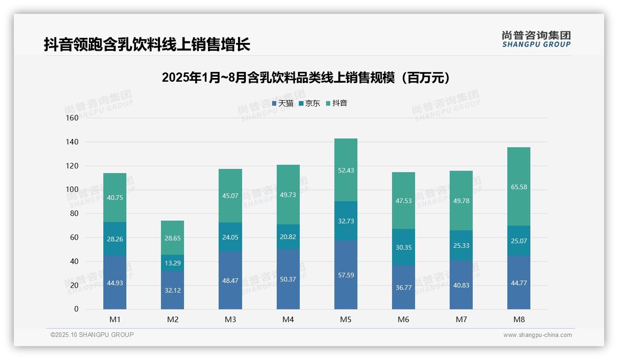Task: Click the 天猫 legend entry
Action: pos(283,103)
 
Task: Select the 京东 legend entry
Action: pos(309,103)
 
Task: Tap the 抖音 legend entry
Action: pos(337,103)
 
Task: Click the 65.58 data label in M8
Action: pos(519,187)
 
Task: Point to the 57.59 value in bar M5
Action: pos(346,275)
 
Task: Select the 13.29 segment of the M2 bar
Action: pos(172,263)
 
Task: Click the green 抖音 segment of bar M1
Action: pos(115,198)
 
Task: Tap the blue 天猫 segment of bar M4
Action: pos(288,279)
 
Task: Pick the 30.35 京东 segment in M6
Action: pos(404,247)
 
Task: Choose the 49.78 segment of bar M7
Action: pos(461,200)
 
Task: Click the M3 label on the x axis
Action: pos(230,320)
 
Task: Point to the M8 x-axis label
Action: pos(519,320)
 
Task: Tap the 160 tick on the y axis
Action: pos(72,118)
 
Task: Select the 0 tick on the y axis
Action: pos(76,309)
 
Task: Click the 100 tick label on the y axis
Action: pos(72,190)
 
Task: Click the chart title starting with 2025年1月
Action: pos(306,78)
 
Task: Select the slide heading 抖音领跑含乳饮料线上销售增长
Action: pos(147,45)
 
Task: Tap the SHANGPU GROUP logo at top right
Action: pos(536,39)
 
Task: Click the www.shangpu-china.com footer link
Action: pos(537,335)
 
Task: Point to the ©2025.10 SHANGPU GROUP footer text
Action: pos(92,335)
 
